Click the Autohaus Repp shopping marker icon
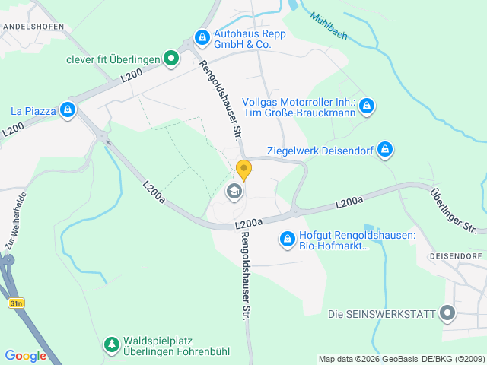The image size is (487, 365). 202,36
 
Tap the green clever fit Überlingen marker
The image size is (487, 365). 172,57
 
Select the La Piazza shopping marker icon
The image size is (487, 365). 68,111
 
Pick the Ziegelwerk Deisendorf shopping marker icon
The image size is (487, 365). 386,149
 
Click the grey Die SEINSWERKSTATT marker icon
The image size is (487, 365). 447,313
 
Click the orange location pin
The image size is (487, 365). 243,170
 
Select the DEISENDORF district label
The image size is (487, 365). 457,256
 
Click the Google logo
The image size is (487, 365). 25,356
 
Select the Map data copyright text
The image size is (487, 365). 401,359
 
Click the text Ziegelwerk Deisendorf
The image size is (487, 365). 320,151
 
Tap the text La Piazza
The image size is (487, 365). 33,111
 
